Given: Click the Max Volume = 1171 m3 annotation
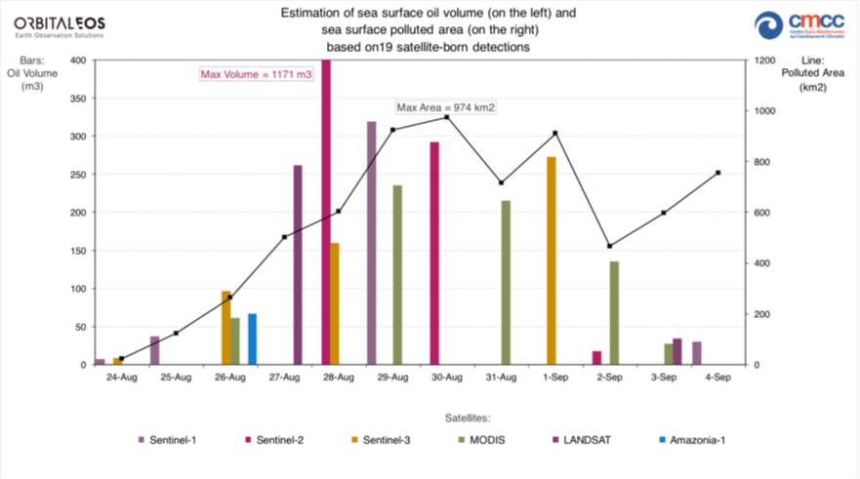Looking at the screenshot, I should click(x=256, y=73).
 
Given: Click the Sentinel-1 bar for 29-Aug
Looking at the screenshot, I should click(x=371, y=243).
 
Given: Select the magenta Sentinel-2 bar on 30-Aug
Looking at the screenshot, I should click(x=434, y=253).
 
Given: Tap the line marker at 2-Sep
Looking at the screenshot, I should click(x=610, y=246).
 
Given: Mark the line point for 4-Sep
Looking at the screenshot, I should click(x=718, y=173).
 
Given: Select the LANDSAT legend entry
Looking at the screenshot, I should click(x=584, y=440).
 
